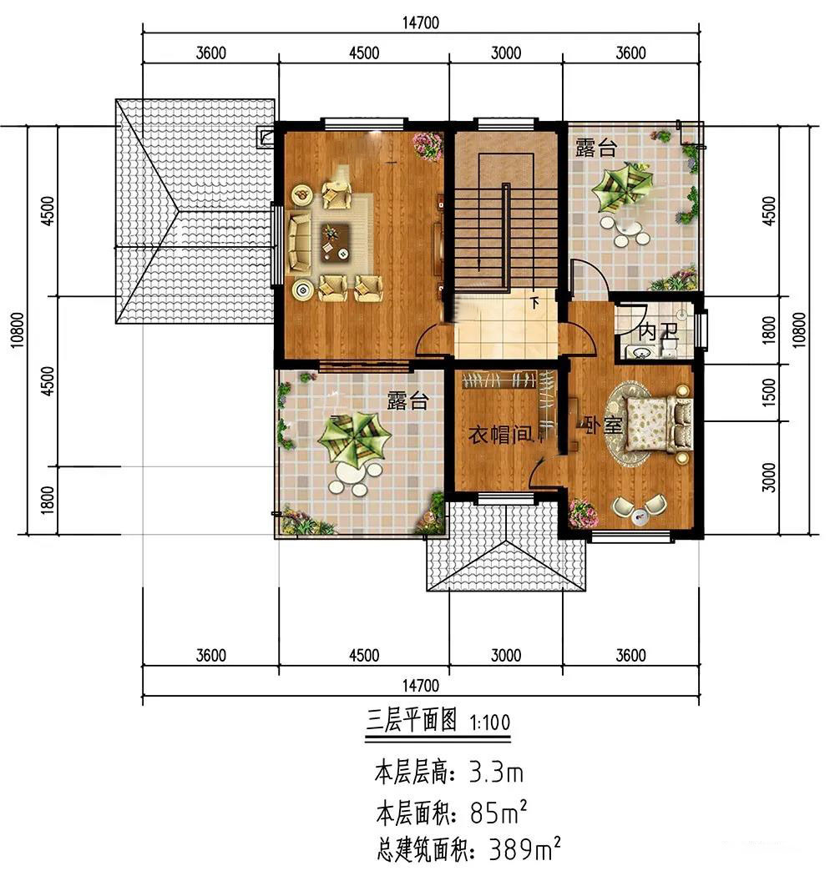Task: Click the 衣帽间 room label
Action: (500, 435)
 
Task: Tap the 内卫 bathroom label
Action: (657, 331)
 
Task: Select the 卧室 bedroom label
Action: (604, 424)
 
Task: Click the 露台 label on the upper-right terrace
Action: (595, 147)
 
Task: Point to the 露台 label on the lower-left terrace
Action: (407, 400)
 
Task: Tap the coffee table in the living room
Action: (335, 241)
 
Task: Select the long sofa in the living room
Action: (300, 241)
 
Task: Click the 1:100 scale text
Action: (490, 722)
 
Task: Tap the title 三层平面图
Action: (411, 721)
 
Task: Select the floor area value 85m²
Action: (498, 813)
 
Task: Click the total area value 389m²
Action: (525, 849)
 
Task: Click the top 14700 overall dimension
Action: (421, 23)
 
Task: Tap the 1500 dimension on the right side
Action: (768, 392)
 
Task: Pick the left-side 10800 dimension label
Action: (18, 330)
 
